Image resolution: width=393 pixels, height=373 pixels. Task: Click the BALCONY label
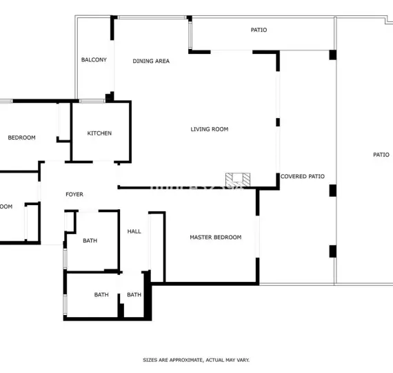(94, 60)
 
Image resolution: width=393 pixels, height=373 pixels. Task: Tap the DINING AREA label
(151, 61)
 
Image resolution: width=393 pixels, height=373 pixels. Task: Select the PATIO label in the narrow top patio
(259, 30)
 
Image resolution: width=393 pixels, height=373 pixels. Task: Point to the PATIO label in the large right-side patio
(381, 155)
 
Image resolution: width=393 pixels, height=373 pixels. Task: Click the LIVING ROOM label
(210, 129)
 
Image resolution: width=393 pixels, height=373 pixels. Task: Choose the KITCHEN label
(99, 133)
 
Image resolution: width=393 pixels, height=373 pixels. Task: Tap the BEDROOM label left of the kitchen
(21, 137)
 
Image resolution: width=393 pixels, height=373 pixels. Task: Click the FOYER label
(74, 195)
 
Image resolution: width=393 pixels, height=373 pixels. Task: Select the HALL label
(134, 231)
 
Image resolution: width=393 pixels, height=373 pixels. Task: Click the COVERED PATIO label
(303, 177)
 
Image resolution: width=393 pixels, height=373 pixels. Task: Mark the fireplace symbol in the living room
(236, 179)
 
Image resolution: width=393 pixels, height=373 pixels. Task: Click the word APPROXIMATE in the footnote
(179, 360)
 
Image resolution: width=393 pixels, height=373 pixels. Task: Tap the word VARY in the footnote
(241, 360)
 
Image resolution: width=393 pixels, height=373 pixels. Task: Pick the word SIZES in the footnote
(150, 360)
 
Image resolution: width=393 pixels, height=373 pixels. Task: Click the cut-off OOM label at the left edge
(6, 207)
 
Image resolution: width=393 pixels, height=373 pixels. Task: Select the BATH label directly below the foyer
(90, 241)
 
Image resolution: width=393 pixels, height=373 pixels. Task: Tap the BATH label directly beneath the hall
(134, 295)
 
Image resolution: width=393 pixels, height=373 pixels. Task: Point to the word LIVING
(201, 129)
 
